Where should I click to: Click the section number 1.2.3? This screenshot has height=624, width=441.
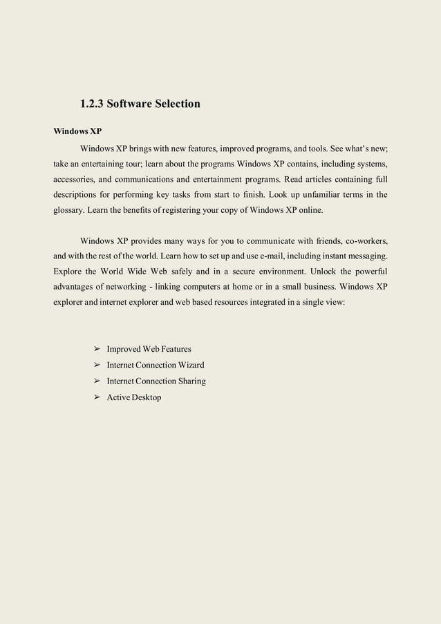(92, 104)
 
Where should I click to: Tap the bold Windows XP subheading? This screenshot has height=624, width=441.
(77, 131)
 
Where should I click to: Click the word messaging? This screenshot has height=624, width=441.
(364, 256)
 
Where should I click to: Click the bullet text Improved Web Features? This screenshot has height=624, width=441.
(149, 349)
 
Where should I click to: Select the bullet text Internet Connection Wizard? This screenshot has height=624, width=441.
(155, 365)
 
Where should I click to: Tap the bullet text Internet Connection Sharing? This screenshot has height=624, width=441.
(156, 381)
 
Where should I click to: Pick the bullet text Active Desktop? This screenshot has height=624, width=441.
(133, 397)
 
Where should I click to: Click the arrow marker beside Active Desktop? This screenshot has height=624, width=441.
(97, 397)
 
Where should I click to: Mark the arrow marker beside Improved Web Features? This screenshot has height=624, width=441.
(97, 349)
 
